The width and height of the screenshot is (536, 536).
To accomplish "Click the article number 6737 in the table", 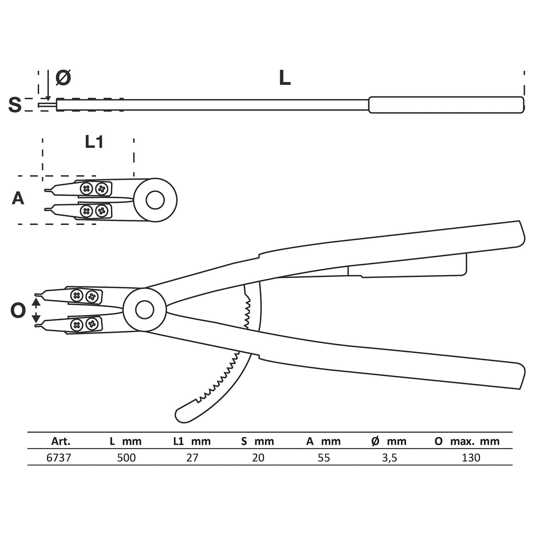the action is coord(59,458).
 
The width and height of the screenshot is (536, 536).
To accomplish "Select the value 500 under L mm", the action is coord(126,458).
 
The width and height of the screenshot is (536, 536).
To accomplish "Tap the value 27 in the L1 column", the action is coord(192,458).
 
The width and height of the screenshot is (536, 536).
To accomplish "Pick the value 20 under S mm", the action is coord(258,458).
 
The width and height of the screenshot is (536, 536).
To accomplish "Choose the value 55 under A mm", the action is coord(324,458).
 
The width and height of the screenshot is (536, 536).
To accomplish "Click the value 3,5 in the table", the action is coord(389,458).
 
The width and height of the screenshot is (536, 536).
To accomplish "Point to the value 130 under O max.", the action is coord(471,458).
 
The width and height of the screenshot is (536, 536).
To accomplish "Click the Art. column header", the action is coord(61,442).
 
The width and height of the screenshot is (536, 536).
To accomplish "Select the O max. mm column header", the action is coord(467,442).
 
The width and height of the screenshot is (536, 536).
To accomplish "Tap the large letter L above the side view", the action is coord(285,78).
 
